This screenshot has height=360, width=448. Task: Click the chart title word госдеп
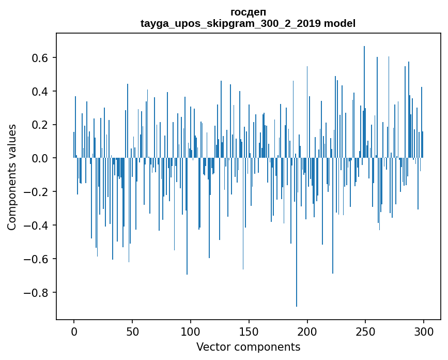(x=248, y=12)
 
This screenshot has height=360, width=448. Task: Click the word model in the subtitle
(x=339, y=23)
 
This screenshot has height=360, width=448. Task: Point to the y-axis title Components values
(x=12, y=177)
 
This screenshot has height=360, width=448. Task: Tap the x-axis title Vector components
(x=248, y=347)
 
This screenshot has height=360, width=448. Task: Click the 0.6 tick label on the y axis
(x=40, y=58)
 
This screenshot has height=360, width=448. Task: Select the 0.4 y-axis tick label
(x=40, y=91)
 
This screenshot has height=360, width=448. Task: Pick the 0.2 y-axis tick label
(x=40, y=125)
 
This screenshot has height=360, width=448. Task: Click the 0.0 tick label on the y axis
(x=40, y=158)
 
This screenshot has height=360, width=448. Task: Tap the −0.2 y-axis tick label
(x=36, y=191)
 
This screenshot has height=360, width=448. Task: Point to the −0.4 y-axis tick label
(x=36, y=226)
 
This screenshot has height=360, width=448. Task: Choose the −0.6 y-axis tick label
(x=36, y=259)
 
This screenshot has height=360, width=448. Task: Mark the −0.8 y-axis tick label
(x=36, y=292)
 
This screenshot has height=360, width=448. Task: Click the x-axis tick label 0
(x=74, y=332)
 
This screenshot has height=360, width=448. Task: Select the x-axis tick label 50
(x=132, y=332)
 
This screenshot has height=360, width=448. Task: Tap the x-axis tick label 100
(x=191, y=332)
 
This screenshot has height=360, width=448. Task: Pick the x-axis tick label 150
(x=249, y=332)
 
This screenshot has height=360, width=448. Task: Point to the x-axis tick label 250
(x=365, y=332)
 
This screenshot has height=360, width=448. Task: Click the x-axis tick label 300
(x=424, y=332)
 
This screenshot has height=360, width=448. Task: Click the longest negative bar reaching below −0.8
(x=297, y=232)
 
